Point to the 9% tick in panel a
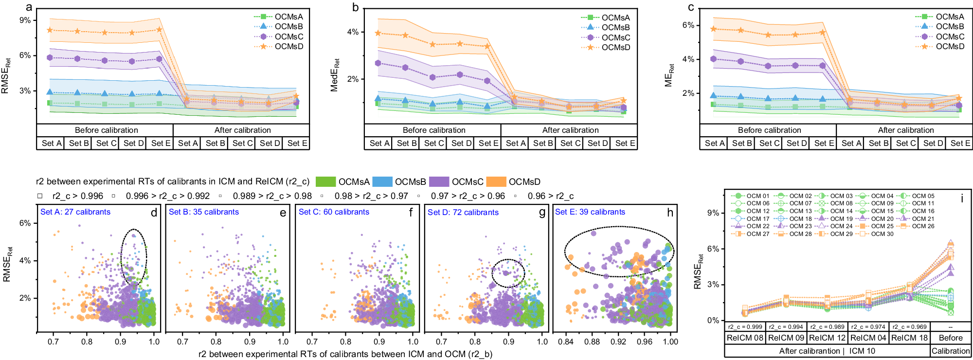click(25, 20)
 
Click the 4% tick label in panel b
click(353, 32)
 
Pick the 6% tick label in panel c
click(688, 25)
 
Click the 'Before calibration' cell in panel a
click(106, 130)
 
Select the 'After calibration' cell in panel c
click(905, 130)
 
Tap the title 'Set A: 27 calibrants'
click(75, 212)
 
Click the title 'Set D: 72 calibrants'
click(463, 213)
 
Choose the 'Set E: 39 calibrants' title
click(590, 212)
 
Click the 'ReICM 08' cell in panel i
click(745, 338)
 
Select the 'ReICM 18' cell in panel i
click(909, 338)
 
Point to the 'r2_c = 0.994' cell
click(786, 327)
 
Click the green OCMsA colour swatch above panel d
click(325, 182)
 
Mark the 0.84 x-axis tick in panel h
click(566, 342)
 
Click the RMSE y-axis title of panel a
click(6, 75)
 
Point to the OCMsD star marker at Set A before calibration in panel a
click(50, 30)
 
